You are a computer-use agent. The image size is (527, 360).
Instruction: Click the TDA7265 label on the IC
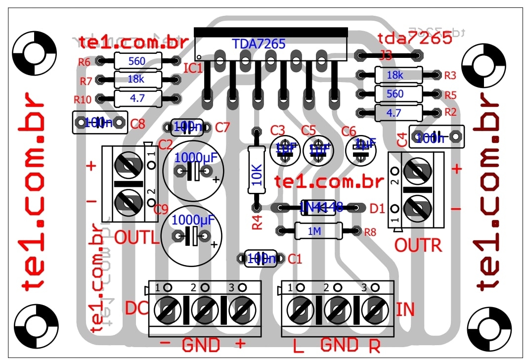coord(259,44)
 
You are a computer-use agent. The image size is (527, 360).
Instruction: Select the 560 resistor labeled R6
coord(137,61)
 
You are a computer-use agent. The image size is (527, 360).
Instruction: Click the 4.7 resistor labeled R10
coord(137,98)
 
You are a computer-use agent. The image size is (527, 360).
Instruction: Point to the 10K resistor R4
coord(256,169)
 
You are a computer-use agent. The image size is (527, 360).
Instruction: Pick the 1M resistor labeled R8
coord(318,230)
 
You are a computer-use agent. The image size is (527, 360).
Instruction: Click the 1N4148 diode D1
coord(321,207)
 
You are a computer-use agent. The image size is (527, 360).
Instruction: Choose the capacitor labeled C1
coord(261,258)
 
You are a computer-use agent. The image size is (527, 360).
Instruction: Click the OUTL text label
coord(137,238)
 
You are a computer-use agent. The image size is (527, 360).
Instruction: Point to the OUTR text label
coord(418,245)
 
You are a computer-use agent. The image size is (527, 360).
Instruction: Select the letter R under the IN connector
coord(374,346)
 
